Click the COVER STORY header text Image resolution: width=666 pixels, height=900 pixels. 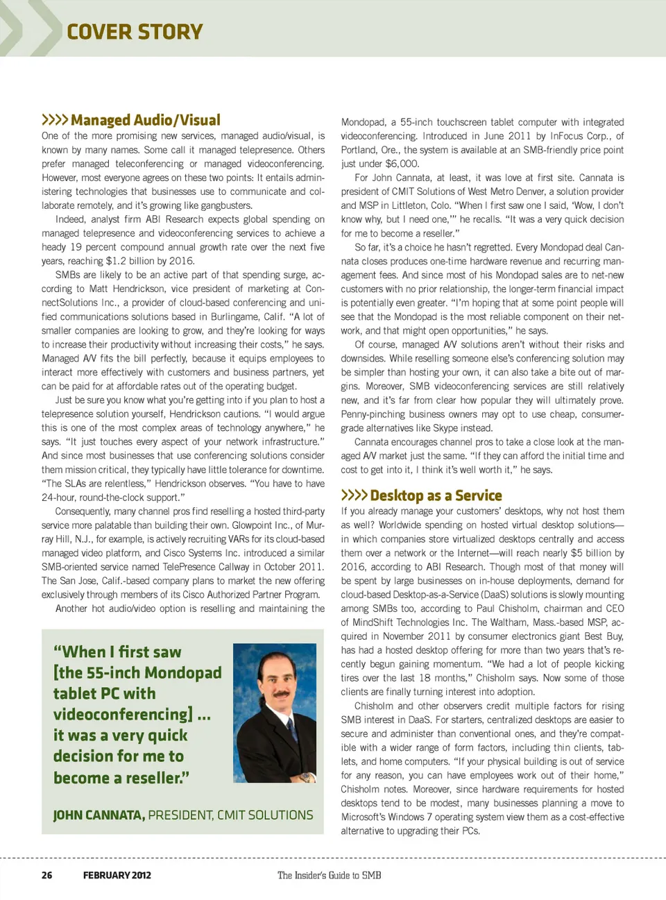[135, 32]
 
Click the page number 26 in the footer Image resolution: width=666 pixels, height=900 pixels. [46, 875]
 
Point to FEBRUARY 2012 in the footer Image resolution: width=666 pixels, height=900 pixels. [117, 875]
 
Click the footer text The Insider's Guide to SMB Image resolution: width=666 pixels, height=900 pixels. [329, 875]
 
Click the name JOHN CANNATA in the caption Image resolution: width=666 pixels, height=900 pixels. [99, 815]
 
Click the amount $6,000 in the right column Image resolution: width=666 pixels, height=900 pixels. [402, 164]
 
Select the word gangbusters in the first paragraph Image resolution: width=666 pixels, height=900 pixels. [225, 205]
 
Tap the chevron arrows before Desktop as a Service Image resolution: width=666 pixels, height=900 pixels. [354, 495]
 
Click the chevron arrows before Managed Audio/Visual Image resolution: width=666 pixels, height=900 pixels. [54, 120]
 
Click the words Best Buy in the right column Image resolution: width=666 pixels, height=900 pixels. [603, 636]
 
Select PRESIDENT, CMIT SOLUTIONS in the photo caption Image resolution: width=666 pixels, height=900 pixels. [230, 815]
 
